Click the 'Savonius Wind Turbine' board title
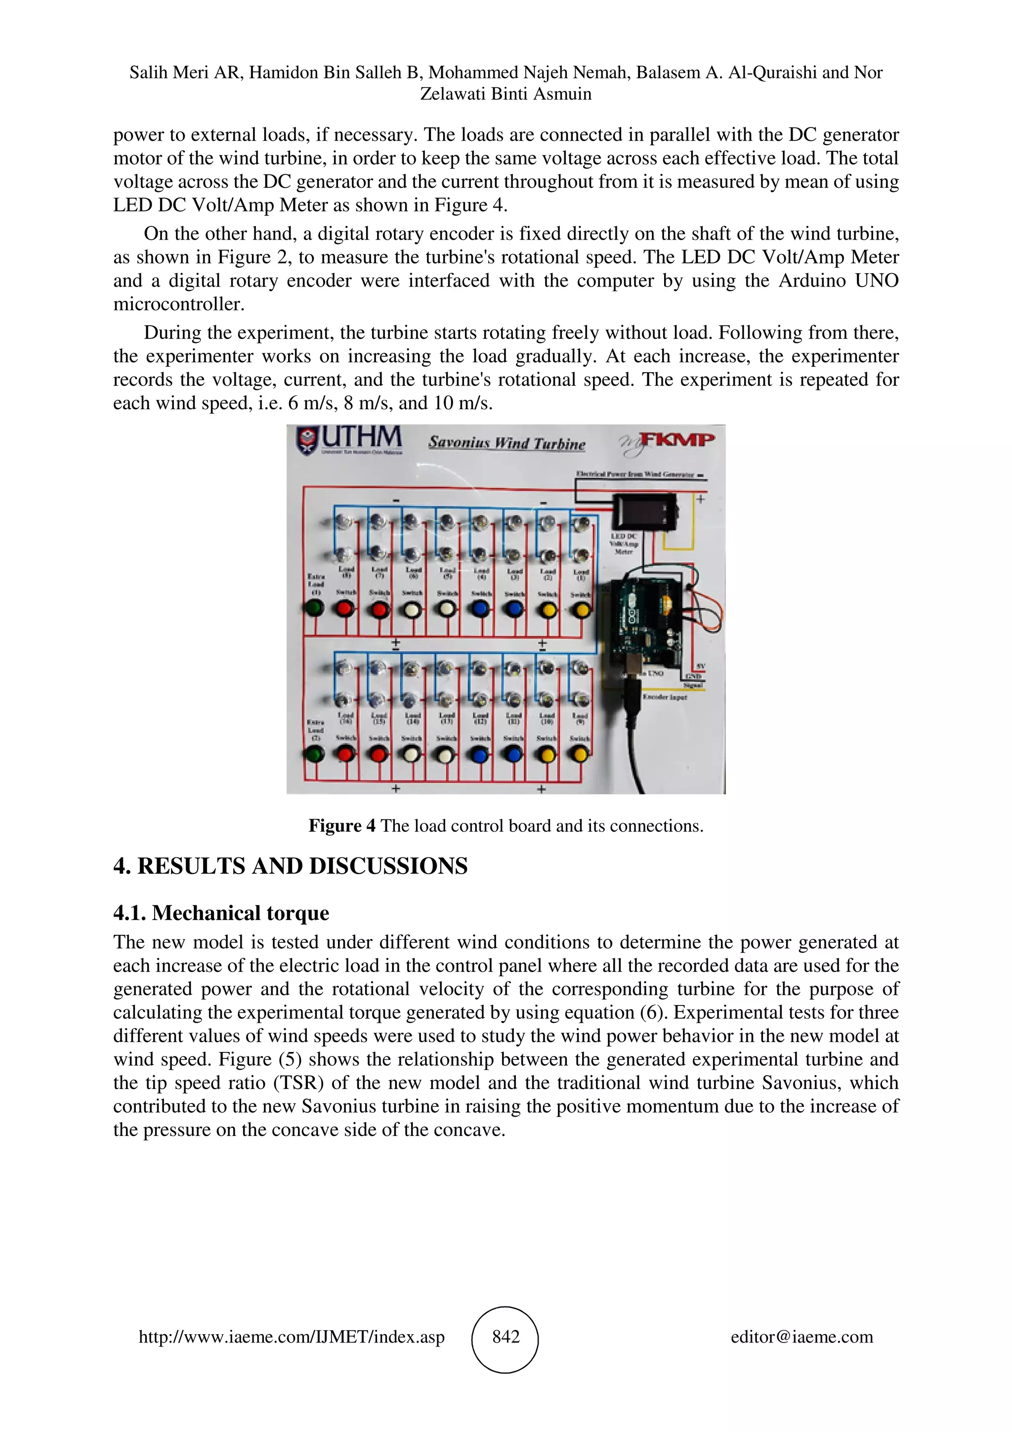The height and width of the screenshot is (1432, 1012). pyautogui.click(x=506, y=443)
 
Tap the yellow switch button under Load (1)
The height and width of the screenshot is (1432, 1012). pyautogui.click(x=581, y=610)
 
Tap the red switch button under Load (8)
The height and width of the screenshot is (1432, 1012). pyautogui.click(x=345, y=609)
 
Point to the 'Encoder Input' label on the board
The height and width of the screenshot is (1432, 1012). pyautogui.click(x=665, y=697)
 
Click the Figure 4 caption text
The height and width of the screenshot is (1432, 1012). pyautogui.click(x=506, y=826)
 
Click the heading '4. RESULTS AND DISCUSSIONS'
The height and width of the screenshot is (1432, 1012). pyautogui.click(x=290, y=866)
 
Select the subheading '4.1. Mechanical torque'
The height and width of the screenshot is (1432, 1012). pyautogui.click(x=221, y=913)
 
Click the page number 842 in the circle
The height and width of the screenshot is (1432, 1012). pyautogui.click(x=505, y=1337)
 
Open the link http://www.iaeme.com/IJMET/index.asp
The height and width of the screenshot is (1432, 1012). pyautogui.click(x=291, y=1337)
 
